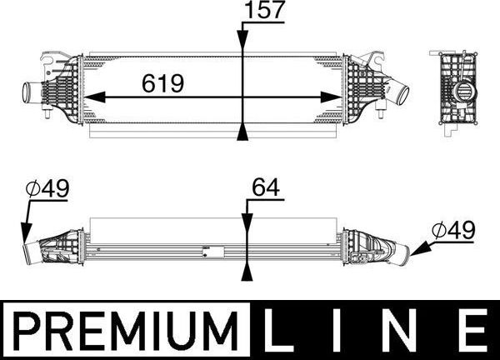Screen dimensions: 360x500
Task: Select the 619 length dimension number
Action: pos(163,84)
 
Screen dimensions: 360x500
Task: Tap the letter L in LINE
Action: pos(279,330)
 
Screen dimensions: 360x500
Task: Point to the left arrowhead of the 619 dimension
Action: pos(89,96)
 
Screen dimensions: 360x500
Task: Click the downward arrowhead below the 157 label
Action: pos(243,47)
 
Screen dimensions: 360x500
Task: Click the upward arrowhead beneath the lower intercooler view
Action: pos(247,272)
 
